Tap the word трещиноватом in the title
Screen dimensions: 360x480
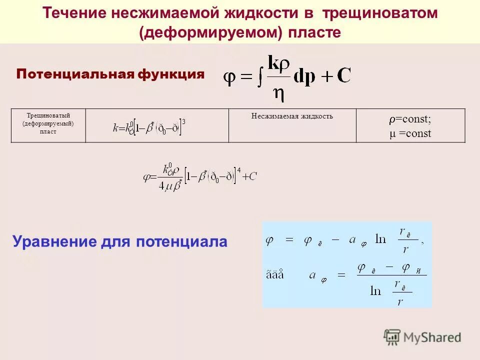point(380,13)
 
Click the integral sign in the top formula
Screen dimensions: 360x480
point(260,77)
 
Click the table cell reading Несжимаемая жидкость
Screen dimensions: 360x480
point(292,116)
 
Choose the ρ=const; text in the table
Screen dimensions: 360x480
point(410,120)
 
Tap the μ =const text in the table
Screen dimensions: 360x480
point(410,134)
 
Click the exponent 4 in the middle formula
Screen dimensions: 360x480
point(239,169)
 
